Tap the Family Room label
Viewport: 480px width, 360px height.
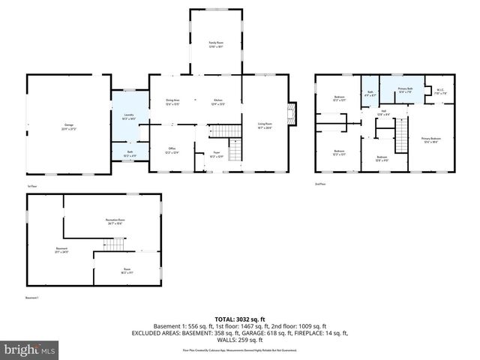(216, 45)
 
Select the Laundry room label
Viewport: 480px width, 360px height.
(127, 117)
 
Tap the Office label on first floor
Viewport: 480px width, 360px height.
(172, 151)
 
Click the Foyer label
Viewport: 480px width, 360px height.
(215, 155)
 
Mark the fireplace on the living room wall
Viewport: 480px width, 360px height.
(294, 113)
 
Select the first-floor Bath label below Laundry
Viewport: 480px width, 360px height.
(130, 154)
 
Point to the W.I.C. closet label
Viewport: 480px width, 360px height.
(441, 92)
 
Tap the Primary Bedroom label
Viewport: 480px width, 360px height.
(430, 139)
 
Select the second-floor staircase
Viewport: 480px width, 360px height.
(403, 136)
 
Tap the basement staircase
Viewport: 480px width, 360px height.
(114, 244)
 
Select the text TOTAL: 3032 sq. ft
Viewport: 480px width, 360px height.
(240, 319)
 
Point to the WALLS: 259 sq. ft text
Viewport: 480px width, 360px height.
(240, 340)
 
